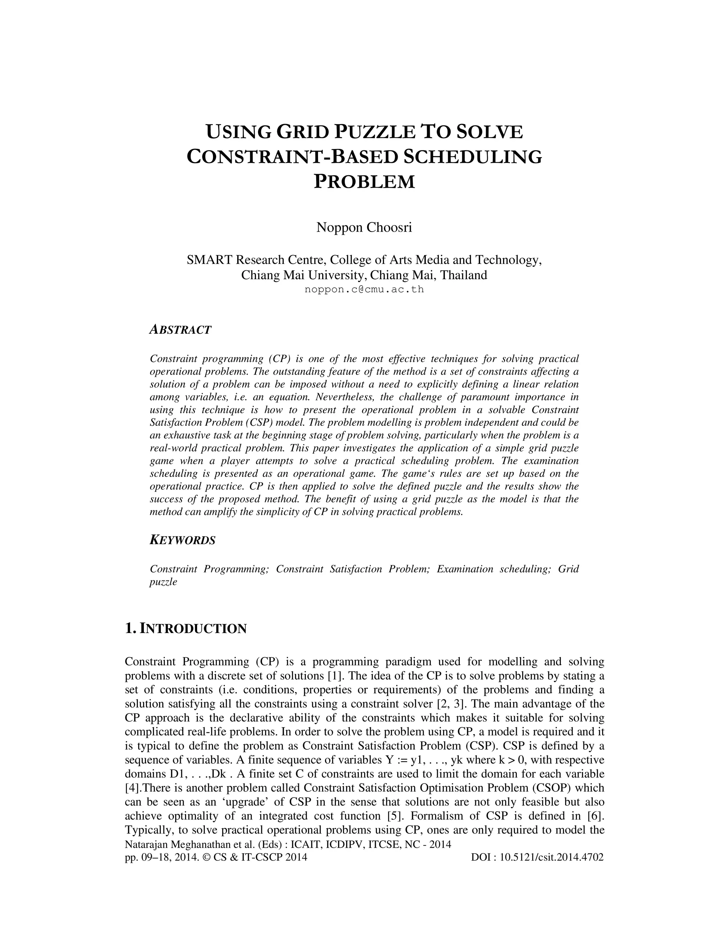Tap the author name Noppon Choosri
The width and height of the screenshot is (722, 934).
[364, 228]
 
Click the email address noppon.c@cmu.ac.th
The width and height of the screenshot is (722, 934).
[364, 289]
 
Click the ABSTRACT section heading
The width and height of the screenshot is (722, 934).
[180, 330]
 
